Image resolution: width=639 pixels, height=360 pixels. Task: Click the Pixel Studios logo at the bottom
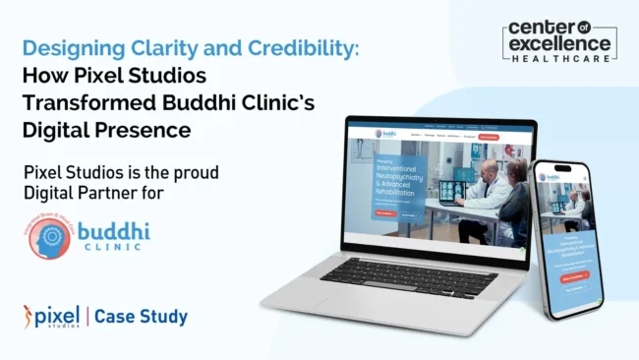[49, 317]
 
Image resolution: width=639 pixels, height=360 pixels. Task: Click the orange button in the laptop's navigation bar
[488, 137]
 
